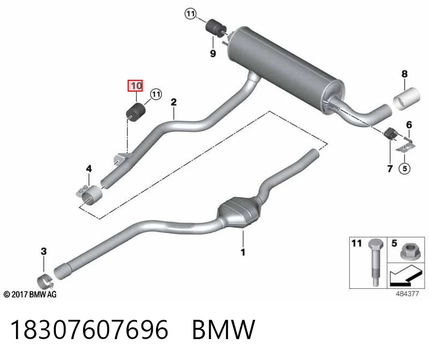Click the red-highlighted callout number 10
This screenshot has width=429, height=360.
click(x=135, y=86)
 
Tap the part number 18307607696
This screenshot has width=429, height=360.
click(x=89, y=329)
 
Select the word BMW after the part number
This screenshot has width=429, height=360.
click(x=224, y=329)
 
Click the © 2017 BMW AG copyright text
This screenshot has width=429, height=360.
click(x=30, y=295)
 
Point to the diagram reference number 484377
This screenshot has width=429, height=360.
click(x=407, y=294)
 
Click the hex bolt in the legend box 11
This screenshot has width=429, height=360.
click(x=375, y=262)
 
